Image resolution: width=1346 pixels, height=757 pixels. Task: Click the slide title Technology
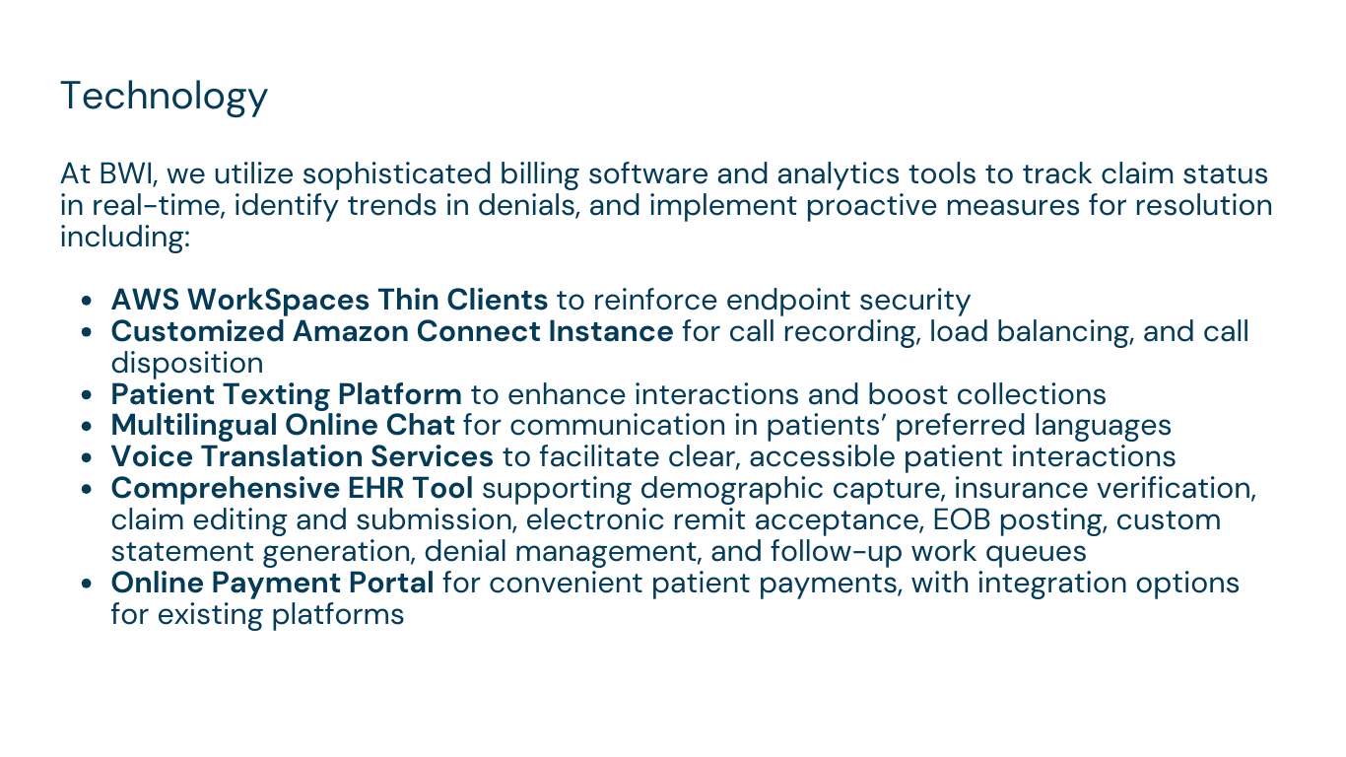164,97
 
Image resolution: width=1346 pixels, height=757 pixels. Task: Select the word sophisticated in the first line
396,174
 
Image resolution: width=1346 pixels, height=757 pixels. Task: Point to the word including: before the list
125,238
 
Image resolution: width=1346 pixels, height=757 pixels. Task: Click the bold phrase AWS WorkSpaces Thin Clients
329,300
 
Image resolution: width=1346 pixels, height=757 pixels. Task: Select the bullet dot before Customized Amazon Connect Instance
86,332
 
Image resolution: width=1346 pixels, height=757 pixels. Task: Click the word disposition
187,363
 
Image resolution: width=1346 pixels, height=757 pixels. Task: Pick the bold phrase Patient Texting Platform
286,395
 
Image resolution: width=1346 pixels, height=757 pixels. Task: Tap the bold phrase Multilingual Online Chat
283,425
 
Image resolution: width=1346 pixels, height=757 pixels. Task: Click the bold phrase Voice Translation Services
303,456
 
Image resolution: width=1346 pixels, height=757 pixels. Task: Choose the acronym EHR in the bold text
375,488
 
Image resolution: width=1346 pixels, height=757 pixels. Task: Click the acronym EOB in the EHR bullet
962,520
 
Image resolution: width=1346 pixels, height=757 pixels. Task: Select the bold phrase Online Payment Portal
272,584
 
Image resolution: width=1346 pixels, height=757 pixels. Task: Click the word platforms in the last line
338,615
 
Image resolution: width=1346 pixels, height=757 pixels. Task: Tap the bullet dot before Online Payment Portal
86,584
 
